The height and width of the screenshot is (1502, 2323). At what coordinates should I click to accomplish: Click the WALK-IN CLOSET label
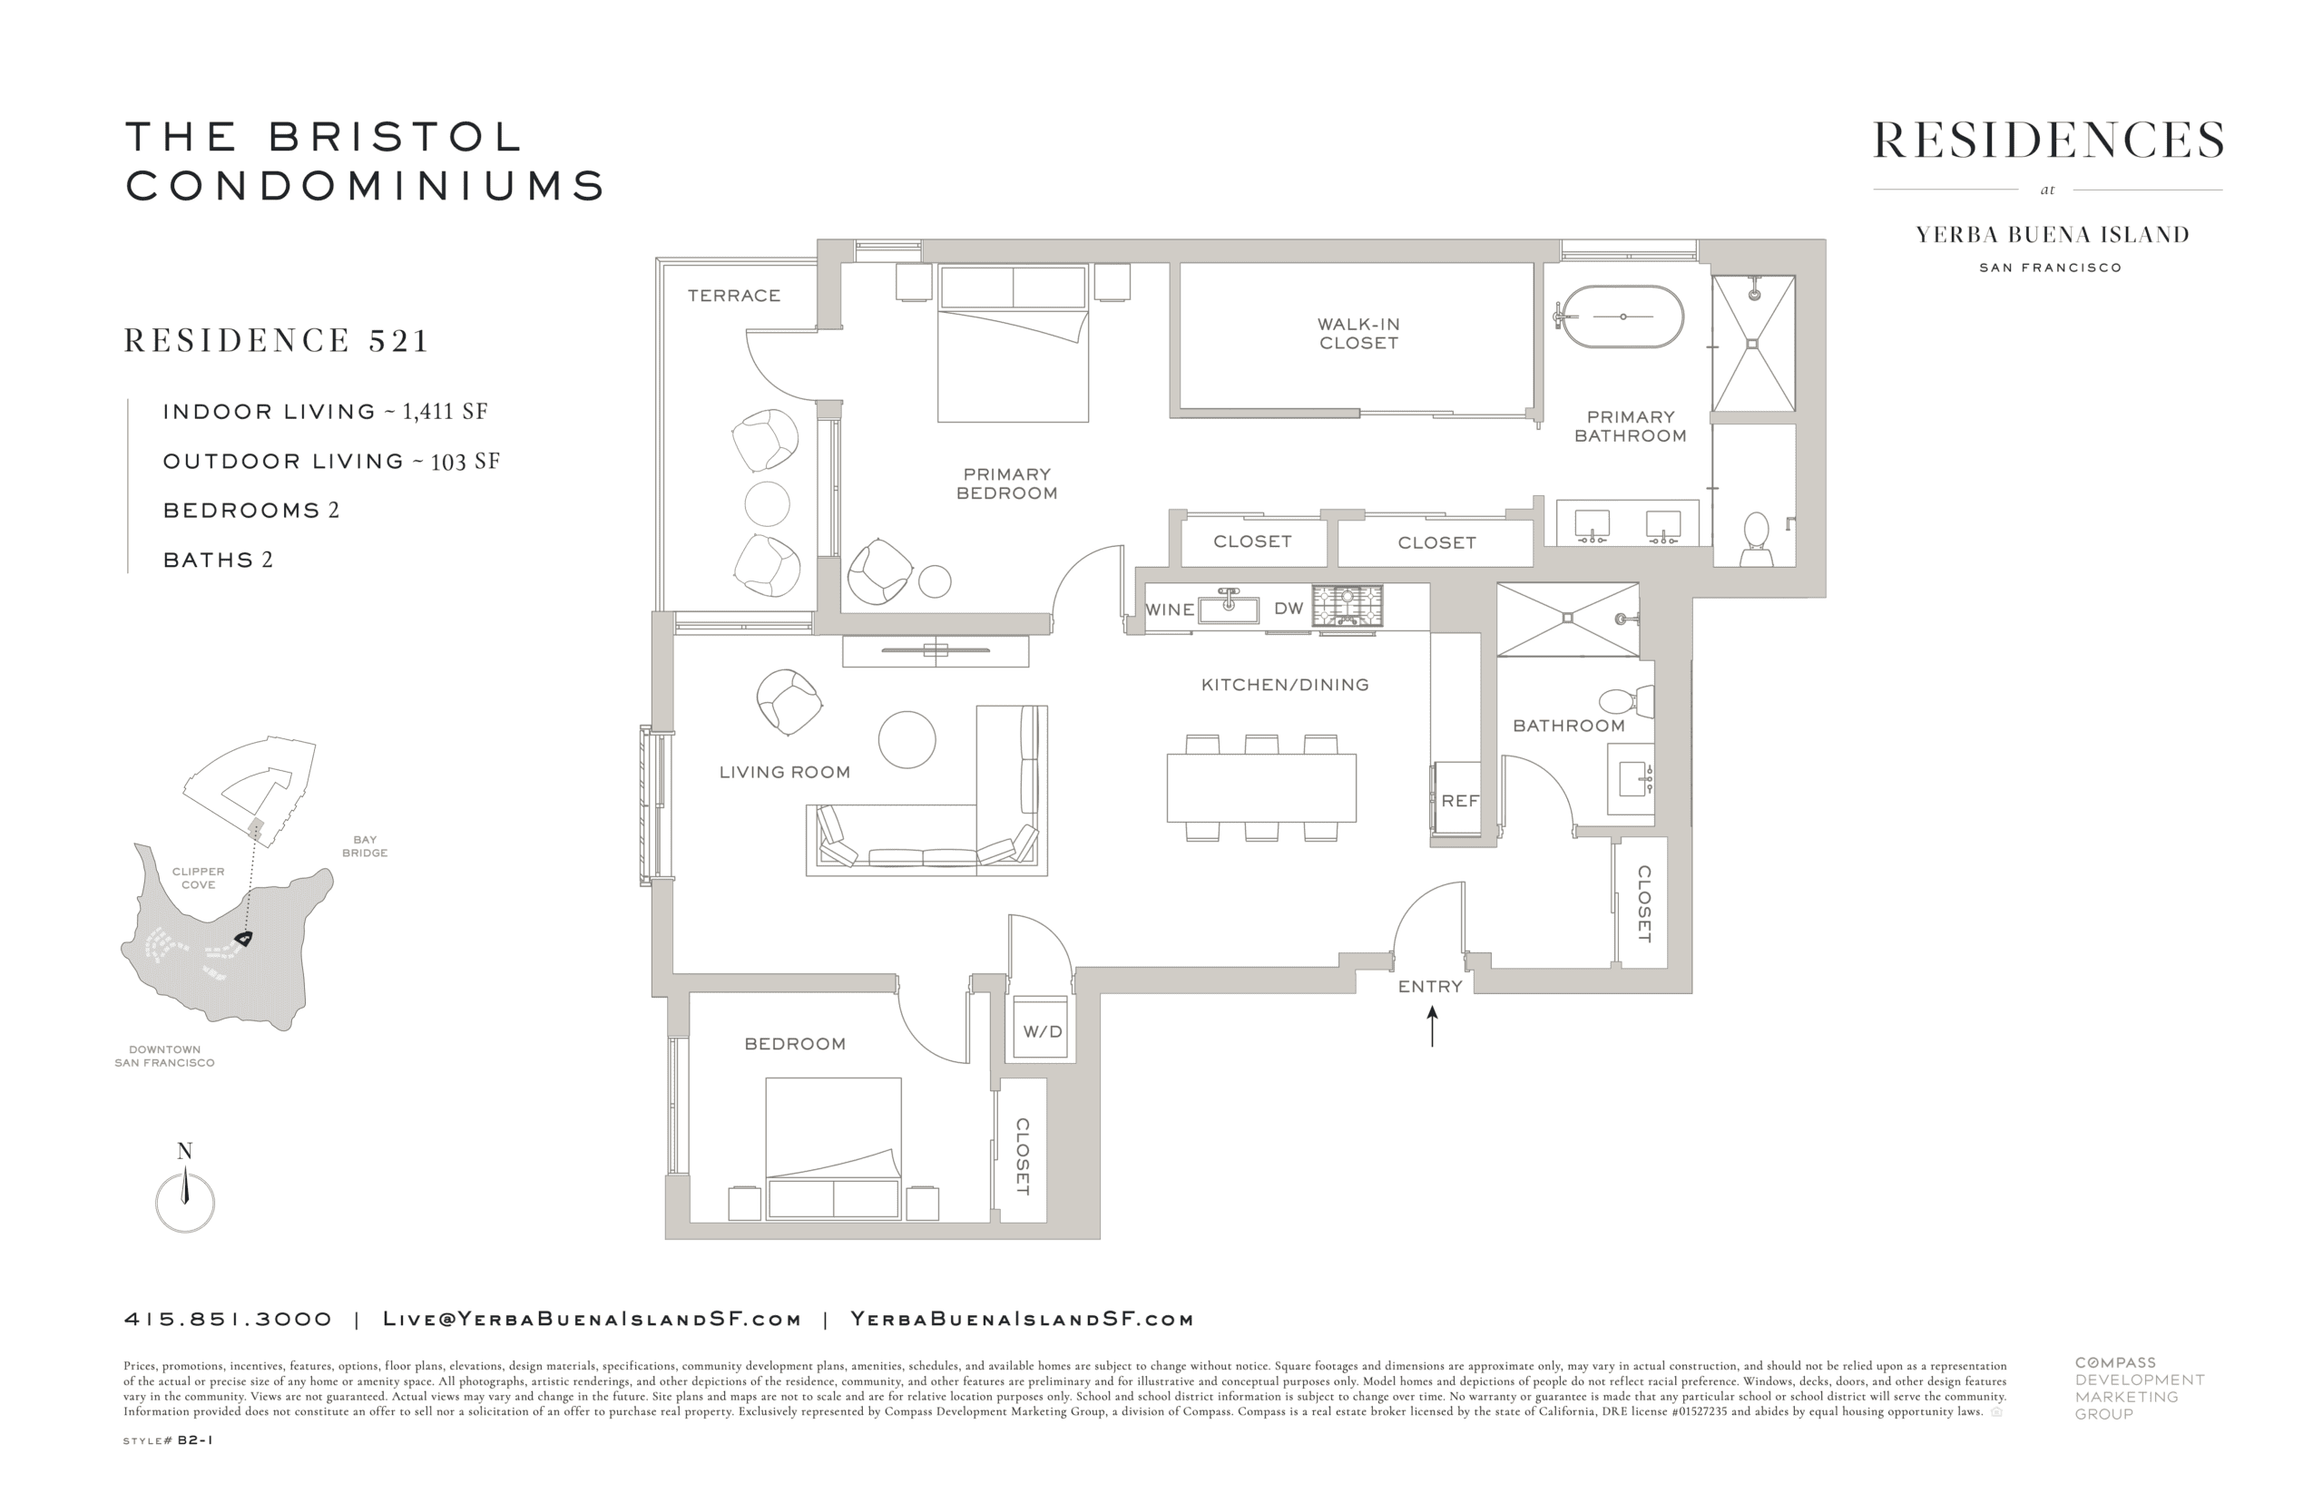[1358, 334]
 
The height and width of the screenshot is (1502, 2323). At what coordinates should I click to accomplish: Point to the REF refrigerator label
[1459, 801]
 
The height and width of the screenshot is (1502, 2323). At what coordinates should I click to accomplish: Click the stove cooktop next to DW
[1347, 605]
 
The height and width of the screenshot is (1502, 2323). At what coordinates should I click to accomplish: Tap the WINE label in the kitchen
[1170, 610]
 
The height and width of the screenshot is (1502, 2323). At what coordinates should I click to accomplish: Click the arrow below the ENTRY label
[1431, 1027]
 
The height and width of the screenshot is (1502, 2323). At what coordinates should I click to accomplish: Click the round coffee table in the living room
[907, 740]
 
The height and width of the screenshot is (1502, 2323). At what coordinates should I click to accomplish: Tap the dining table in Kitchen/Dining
[1261, 788]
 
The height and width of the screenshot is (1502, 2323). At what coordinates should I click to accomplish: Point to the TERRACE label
[734, 296]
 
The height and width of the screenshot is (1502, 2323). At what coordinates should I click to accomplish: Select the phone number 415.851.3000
[229, 1320]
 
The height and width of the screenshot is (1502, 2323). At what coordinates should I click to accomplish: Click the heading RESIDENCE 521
[277, 340]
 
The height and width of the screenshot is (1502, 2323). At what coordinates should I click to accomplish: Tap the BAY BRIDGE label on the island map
[364, 845]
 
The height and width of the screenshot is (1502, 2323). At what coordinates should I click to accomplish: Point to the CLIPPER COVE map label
[198, 878]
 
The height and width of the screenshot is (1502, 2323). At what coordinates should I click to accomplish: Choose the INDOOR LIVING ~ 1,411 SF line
[325, 412]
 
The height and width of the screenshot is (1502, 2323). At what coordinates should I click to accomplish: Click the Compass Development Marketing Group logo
[2139, 1388]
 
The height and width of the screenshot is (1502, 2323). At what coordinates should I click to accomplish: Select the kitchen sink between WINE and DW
[1229, 607]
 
